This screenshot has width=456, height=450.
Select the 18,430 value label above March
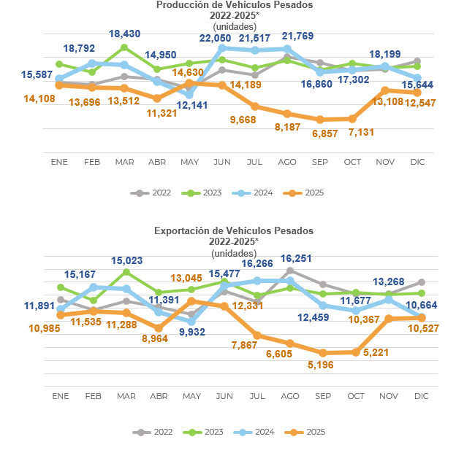pos(124,34)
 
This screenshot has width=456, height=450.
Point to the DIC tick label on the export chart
pos(421,395)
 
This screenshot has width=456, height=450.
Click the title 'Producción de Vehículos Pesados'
pos(234,5)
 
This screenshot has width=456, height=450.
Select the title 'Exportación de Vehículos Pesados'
pos(234,230)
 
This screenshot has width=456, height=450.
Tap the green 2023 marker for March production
pos(124,47)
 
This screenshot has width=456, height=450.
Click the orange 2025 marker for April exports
pos(158,328)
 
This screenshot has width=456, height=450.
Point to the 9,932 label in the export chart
pos(189,333)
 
